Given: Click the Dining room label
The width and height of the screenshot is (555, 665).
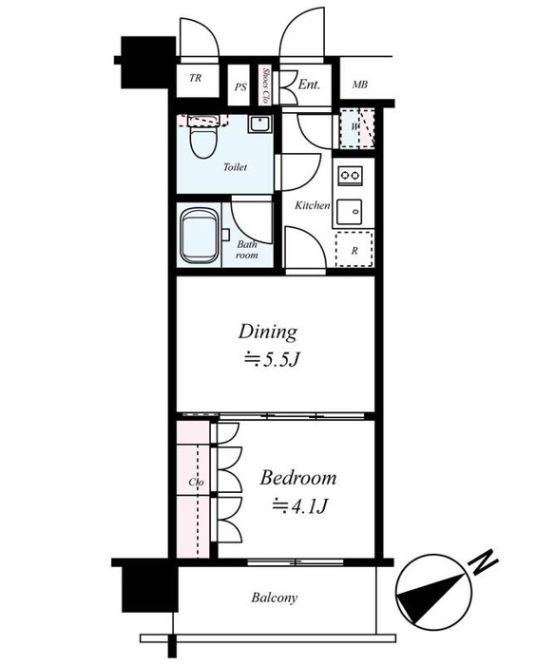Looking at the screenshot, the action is pos(268,332).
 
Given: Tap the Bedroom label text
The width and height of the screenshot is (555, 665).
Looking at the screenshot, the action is pos(298,478).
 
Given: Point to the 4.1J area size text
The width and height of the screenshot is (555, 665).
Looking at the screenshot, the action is pos(300,505).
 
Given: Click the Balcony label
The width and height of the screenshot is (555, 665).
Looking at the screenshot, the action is pos(274,598).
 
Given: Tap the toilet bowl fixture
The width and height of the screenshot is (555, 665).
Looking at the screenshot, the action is pos(202,138).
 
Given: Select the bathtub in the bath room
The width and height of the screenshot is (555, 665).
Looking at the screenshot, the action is pos(200,236).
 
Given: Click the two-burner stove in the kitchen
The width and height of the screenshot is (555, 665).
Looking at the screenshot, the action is pos(350,176).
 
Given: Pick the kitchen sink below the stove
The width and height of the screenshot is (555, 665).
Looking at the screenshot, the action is pos(349,212).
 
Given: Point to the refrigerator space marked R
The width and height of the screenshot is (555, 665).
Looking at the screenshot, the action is pos(354,249).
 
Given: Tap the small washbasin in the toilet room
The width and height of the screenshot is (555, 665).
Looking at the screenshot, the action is pos(259,124).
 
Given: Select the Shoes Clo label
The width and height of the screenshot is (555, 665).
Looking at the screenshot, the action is pos(266,85).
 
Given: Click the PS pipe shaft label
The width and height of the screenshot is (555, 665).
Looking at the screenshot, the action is pos(240,87).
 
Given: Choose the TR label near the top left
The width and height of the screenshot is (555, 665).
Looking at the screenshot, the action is pos(195,78).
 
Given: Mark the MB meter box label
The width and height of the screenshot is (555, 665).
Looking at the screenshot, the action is pos(360,85).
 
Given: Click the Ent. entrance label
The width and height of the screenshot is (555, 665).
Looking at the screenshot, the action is pos(309,84).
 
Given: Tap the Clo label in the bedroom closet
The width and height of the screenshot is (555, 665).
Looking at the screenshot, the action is pos(196,483).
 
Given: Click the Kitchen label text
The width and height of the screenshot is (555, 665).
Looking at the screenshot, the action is pos(313,205).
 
